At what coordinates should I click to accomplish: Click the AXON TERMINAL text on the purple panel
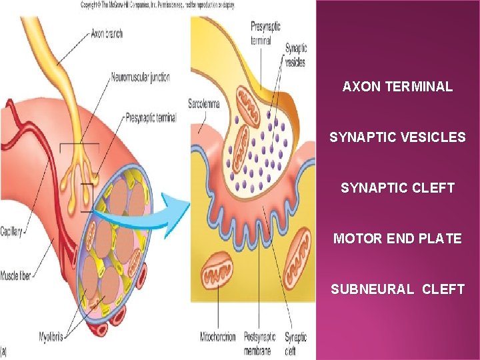[x=397, y=87]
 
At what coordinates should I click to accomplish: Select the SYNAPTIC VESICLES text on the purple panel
[x=397, y=137]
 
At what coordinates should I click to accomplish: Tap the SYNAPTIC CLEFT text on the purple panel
[x=397, y=188]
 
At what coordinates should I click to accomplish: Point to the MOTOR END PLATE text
[x=397, y=239]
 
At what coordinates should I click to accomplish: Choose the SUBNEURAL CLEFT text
[x=397, y=289]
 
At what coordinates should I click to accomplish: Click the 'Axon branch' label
[x=107, y=34]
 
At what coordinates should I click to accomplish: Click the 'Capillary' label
[x=11, y=232]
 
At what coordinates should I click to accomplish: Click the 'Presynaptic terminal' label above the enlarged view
[x=265, y=33]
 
